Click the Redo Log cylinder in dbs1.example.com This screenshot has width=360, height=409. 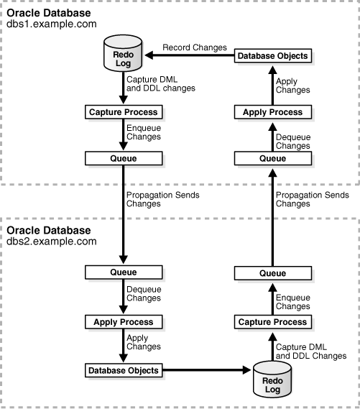pyautogui.click(x=122, y=56)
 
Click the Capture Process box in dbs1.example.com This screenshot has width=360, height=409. pyautogui.click(x=122, y=112)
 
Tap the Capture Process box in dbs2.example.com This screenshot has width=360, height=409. pyautogui.click(x=272, y=322)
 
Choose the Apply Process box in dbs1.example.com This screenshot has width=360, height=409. pyautogui.click(x=272, y=112)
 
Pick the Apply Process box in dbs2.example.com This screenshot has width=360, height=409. pyautogui.click(x=122, y=322)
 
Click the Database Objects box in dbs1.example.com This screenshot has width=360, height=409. pyautogui.click(x=272, y=55)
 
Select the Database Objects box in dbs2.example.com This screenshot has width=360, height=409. pyautogui.click(x=122, y=370)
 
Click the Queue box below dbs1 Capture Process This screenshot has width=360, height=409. pyautogui.click(x=122, y=157)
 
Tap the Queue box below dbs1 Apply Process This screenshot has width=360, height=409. pyautogui.click(x=272, y=157)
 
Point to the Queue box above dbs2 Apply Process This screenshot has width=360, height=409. pyautogui.click(x=122, y=273)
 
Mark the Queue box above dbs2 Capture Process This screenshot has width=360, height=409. pyautogui.click(x=272, y=273)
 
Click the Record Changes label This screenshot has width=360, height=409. pyautogui.click(x=193, y=47)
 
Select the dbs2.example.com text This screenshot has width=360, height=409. pyautogui.click(x=52, y=242)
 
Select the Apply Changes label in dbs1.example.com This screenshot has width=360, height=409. pyautogui.click(x=293, y=85)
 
